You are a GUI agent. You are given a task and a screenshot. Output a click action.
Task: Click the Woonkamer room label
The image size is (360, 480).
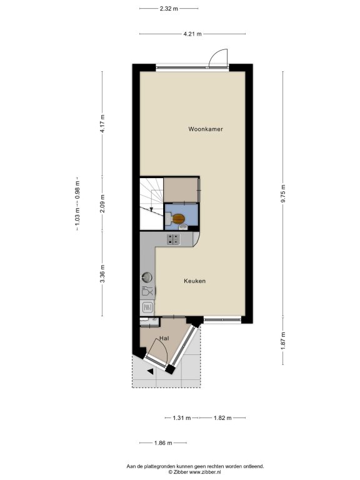(206, 129)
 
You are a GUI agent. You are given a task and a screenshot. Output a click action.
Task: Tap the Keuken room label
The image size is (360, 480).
(195, 281)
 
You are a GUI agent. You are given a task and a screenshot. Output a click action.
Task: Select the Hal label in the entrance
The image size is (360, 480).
(164, 338)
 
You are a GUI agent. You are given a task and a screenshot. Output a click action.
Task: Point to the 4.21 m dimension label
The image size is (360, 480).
(192, 34)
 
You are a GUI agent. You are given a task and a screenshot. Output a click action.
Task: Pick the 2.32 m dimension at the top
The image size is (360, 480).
(169, 9)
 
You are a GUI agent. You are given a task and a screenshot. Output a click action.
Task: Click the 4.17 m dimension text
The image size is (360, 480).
(102, 123)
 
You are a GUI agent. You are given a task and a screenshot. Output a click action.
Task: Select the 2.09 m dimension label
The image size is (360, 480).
(102, 204)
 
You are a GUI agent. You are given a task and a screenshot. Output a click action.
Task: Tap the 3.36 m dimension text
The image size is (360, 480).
(102, 274)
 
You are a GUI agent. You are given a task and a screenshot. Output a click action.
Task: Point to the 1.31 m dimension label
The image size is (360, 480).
(182, 418)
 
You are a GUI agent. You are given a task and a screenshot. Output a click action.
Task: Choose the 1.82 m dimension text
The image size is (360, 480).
(222, 418)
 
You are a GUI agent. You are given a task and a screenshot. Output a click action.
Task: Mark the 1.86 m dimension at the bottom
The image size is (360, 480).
(163, 443)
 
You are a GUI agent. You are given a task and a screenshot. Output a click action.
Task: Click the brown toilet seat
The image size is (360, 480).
(178, 219)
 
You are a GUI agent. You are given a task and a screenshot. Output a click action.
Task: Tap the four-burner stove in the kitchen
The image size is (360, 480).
(174, 239)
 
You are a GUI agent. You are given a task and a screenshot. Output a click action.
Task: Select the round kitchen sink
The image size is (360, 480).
(147, 277)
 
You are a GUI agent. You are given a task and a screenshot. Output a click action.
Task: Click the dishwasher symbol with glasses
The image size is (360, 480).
(147, 291)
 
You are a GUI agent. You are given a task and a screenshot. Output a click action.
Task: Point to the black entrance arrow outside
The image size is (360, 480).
(150, 371)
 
